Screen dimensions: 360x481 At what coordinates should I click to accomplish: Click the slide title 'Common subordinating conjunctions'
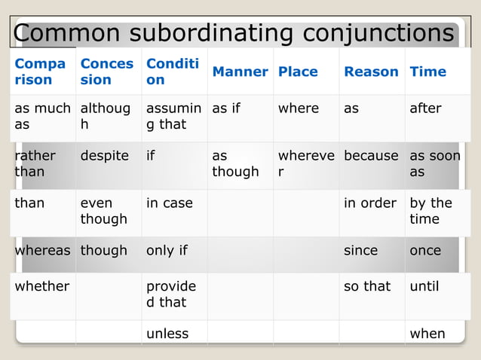(234, 33)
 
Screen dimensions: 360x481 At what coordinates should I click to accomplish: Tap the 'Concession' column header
(107, 72)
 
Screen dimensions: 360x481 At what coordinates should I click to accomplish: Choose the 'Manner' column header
(240, 72)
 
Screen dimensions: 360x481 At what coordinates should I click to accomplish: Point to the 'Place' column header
(298, 72)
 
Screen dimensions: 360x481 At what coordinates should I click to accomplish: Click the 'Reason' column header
(371, 72)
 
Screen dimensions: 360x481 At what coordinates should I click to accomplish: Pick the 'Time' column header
(427, 72)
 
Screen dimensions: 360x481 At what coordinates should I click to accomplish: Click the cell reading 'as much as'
(42, 116)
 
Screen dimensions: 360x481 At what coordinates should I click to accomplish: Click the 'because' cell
(371, 156)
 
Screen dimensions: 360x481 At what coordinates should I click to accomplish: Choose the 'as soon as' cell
(434, 163)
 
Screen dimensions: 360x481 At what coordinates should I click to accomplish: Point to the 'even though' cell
(104, 211)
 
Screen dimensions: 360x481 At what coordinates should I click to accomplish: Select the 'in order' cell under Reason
(370, 203)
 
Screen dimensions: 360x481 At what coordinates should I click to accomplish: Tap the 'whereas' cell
(42, 250)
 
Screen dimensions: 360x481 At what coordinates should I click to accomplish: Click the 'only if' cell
(167, 250)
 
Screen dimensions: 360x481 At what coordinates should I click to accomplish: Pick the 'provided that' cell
(171, 294)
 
